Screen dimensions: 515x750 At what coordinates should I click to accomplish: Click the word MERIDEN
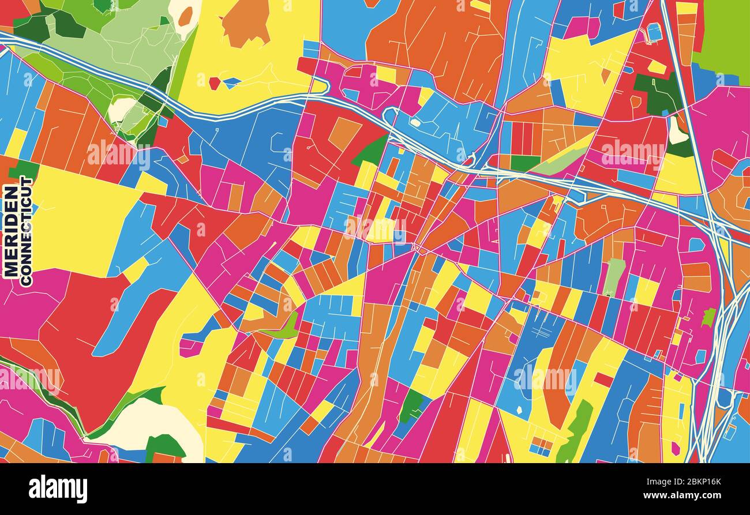coord(10,231)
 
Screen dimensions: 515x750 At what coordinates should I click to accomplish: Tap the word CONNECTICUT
coord(27,231)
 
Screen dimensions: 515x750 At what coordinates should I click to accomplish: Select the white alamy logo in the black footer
coord(58,489)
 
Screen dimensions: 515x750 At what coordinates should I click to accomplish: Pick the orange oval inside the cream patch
coord(185,16)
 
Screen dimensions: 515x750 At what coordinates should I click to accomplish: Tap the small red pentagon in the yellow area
coord(214,83)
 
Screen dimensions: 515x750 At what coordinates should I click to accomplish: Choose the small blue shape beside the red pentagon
coord(232,82)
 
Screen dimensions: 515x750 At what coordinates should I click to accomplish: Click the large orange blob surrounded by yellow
coord(245,22)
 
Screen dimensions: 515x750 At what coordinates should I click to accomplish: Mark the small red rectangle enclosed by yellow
coord(603,379)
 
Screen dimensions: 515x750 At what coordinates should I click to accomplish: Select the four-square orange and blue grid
coord(541,445)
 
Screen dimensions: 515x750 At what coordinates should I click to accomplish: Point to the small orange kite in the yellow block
coord(605,75)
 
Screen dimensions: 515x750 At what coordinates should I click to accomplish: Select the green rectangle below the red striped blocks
coord(524,163)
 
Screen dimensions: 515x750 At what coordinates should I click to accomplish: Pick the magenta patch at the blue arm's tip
coord(190,347)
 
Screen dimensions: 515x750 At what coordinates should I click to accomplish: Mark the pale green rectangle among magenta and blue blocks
coord(614,276)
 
